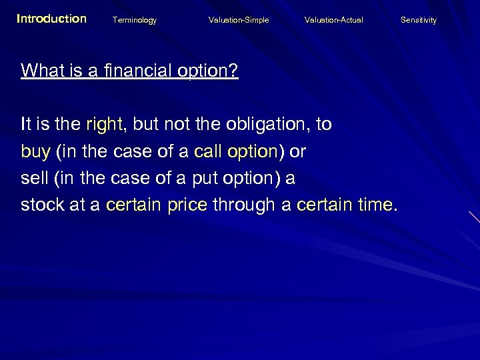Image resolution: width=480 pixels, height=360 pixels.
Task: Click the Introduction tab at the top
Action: (x=51, y=19)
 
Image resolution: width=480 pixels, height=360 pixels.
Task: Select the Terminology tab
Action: (x=135, y=20)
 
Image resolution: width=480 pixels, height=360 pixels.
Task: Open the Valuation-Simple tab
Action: (x=239, y=20)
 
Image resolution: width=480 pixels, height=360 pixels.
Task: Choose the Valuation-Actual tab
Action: (x=334, y=20)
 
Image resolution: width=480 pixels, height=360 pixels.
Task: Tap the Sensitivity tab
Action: (x=419, y=20)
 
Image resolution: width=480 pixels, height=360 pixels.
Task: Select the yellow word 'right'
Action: (x=105, y=125)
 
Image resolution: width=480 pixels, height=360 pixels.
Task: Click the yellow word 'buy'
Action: (x=35, y=152)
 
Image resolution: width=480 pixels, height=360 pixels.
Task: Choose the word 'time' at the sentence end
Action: (x=372, y=205)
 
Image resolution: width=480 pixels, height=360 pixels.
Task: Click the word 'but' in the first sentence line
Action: (x=147, y=124)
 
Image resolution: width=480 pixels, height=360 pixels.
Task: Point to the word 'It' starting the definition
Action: (x=26, y=124)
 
